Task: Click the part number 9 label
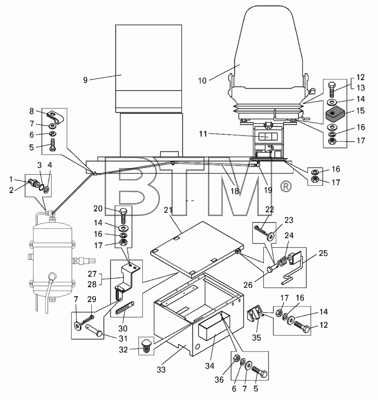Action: point(85,80)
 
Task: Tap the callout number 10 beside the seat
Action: point(202,81)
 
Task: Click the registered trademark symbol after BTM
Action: point(286,186)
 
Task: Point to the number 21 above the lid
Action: point(168,210)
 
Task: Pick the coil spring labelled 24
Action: point(282,262)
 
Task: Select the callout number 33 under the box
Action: point(161,370)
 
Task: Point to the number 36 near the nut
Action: point(219,379)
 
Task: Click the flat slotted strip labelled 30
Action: point(125,308)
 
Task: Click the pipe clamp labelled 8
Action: point(55,118)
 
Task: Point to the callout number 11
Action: point(203,134)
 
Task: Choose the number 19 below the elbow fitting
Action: point(268,190)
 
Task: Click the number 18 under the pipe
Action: point(234,191)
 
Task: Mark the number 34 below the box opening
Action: point(210,366)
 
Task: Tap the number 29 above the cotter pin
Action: point(92,299)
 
